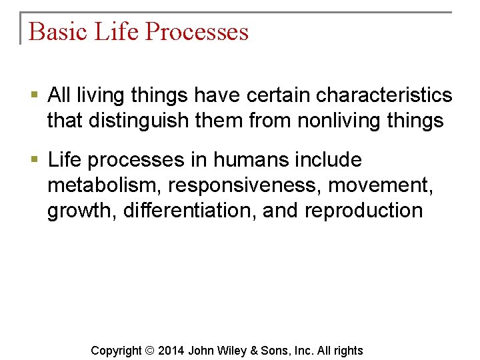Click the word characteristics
pyautogui.click(x=384, y=96)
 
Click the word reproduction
pyautogui.click(x=363, y=211)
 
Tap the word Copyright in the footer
pyautogui.click(x=116, y=351)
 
